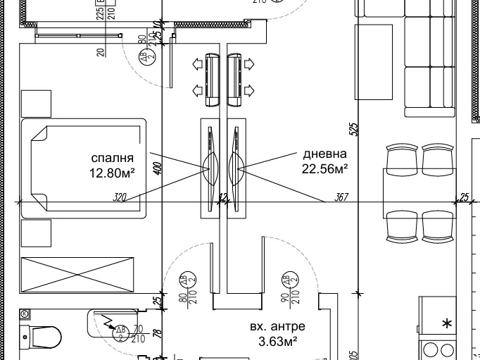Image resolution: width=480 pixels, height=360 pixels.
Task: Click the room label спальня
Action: click(111, 157)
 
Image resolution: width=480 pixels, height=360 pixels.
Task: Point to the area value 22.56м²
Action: click(325, 169)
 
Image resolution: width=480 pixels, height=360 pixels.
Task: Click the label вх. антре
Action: click(277, 327)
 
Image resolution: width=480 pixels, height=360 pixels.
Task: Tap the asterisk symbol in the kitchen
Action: click(447, 324)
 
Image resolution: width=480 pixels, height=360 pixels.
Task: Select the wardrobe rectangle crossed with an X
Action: click(77, 273)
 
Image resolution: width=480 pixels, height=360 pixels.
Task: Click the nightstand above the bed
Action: click(36, 104)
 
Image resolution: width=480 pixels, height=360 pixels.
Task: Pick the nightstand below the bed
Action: click(36, 233)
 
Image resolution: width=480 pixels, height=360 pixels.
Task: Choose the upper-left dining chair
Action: click(403, 156)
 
